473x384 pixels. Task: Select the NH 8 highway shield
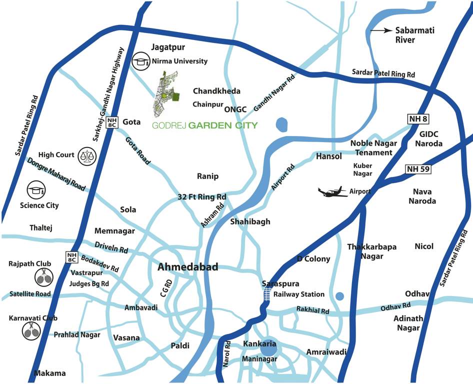pyautogui.click(x=417, y=118)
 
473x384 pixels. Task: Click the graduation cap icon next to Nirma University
pyautogui.click(x=139, y=61)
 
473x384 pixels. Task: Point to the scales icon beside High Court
pyautogui.click(x=86, y=155)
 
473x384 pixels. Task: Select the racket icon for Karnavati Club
pyautogui.click(x=31, y=330)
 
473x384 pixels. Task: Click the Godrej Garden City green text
pyautogui.click(x=205, y=125)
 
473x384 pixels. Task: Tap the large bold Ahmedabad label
pyautogui.click(x=187, y=267)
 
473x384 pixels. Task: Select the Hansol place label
pyautogui.click(x=328, y=156)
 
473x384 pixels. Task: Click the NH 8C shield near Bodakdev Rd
pyautogui.click(x=71, y=257)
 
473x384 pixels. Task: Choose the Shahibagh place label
pyautogui.click(x=250, y=221)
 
